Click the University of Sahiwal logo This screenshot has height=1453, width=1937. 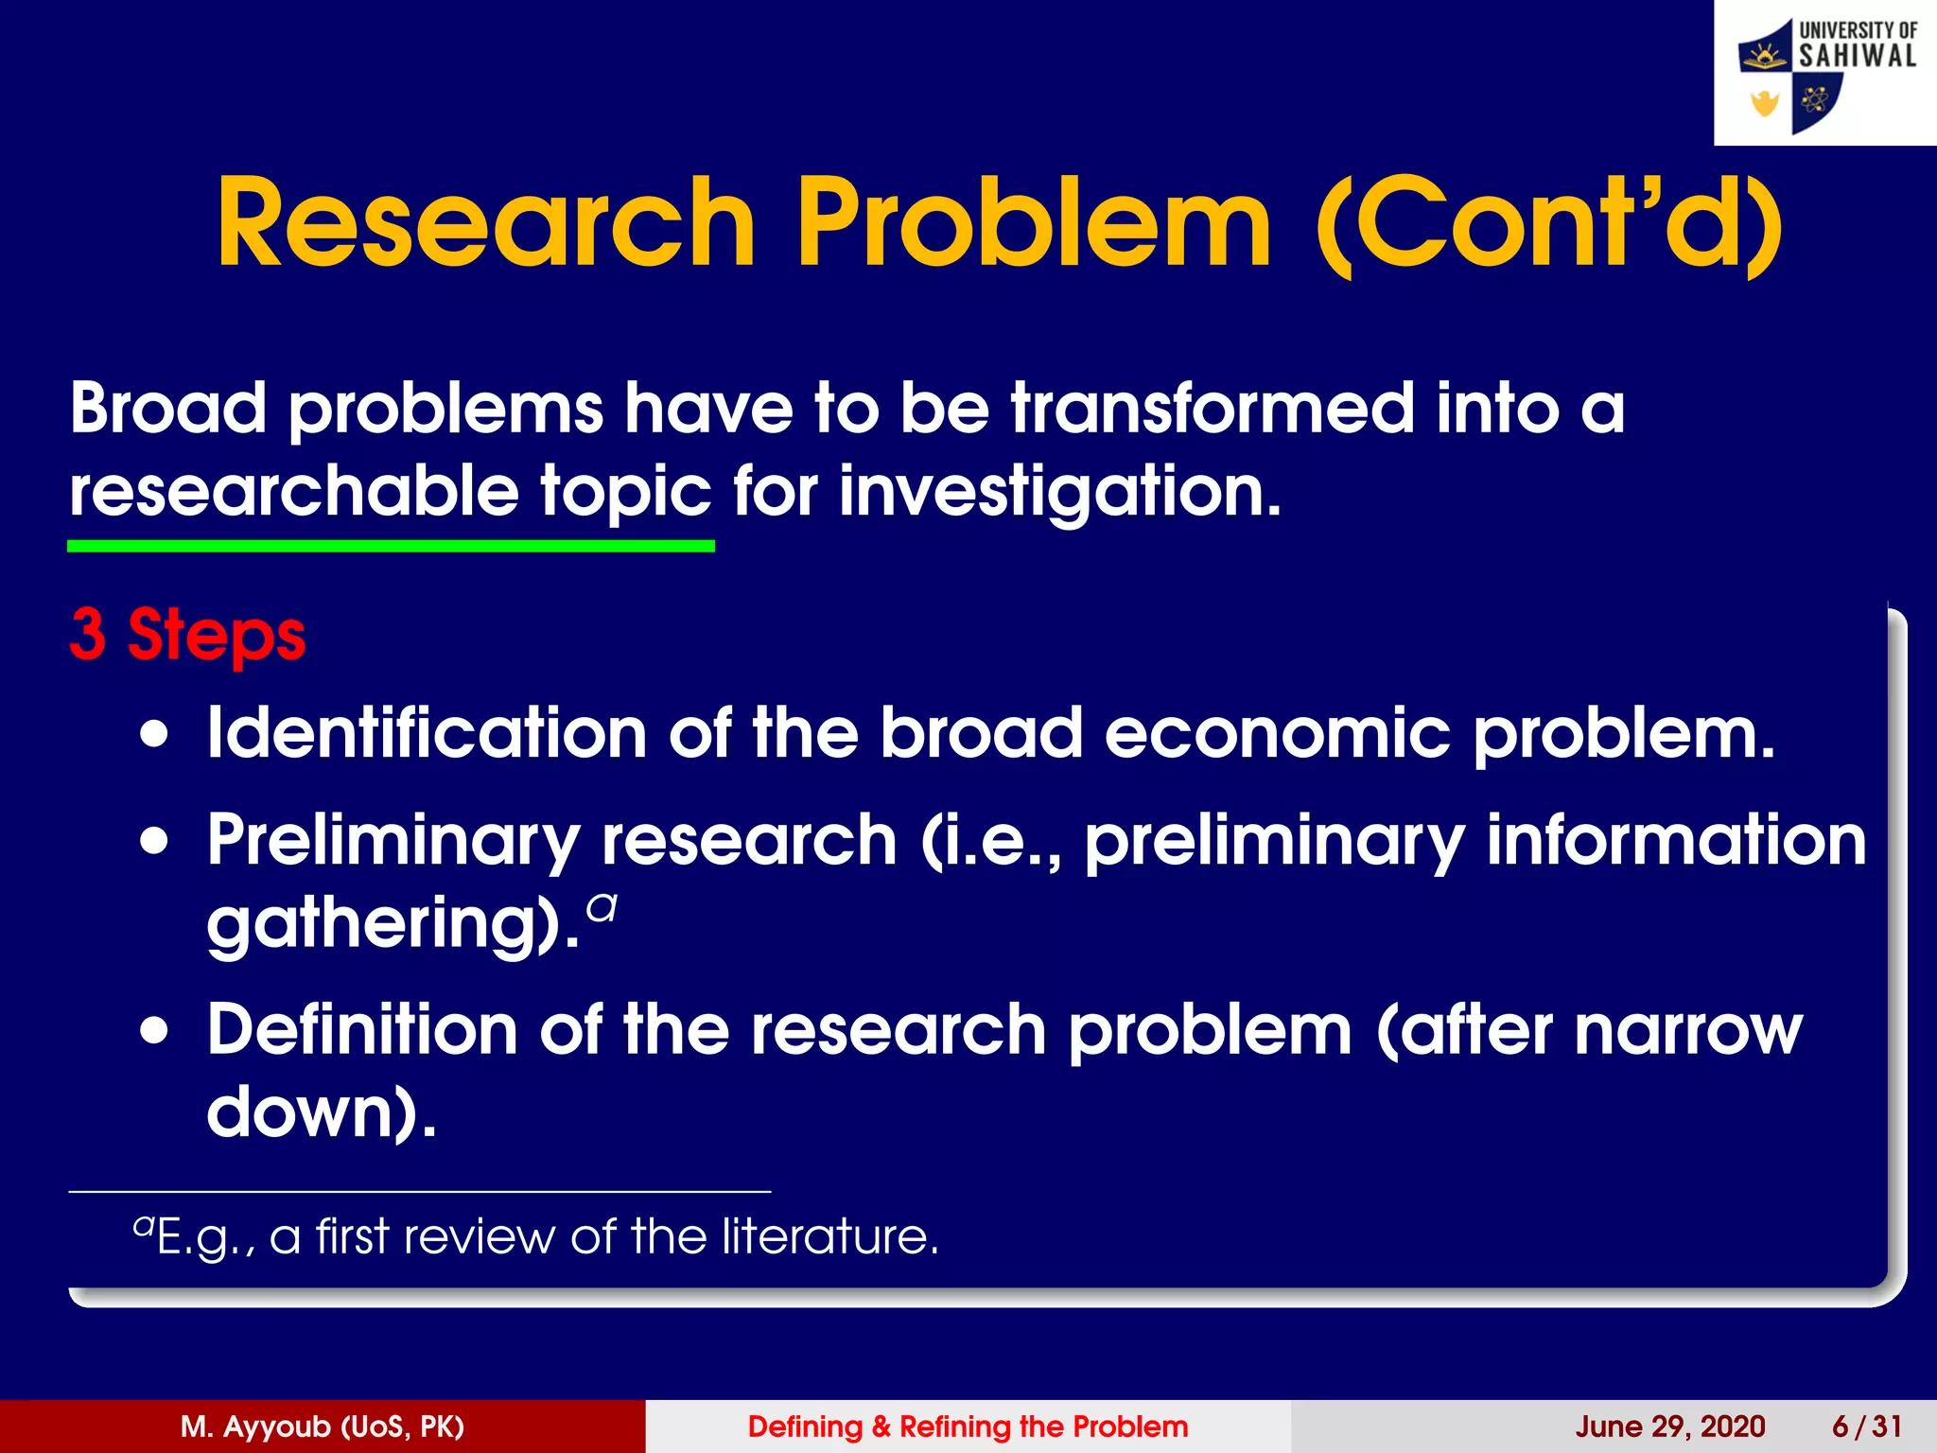1825,74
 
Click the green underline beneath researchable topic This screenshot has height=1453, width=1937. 391,546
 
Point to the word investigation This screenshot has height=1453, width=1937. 1059,492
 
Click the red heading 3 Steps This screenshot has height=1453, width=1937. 187,634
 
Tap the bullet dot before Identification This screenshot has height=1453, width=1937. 154,734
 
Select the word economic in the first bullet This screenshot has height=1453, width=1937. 1277,734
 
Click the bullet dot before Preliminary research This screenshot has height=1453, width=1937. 154,840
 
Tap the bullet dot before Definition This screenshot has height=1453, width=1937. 154,1030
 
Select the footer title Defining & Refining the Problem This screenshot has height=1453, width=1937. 968,1427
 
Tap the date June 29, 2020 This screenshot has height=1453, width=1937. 1669,1427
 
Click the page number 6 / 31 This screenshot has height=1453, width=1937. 1866,1427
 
